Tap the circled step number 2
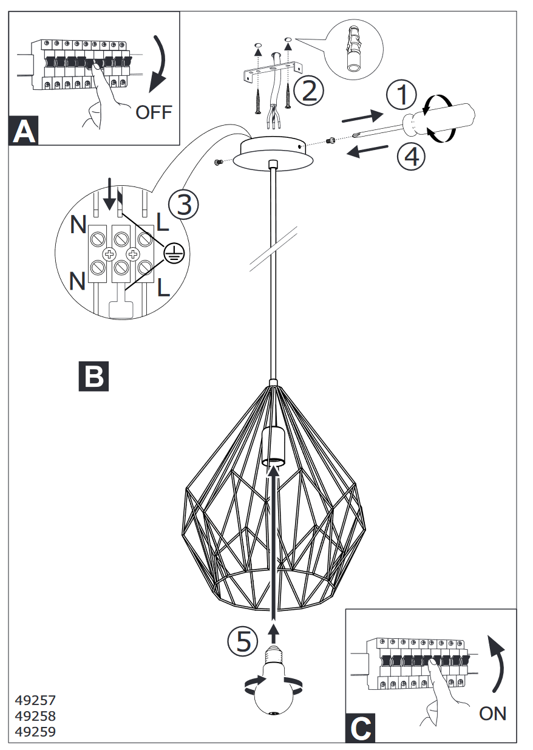pos(308,90)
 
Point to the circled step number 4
pos(411,157)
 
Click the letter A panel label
pos(24,131)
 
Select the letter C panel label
pos(361,728)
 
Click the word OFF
pos(154,112)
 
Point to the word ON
pos(492,713)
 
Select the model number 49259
pos(35,732)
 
